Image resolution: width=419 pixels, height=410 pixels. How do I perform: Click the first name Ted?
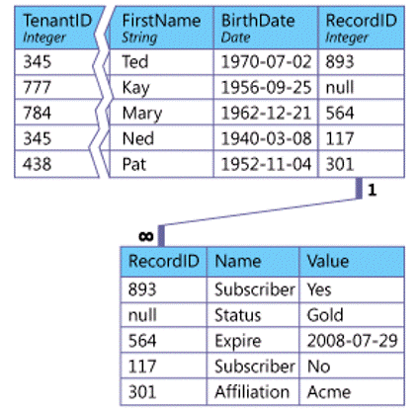point(135,61)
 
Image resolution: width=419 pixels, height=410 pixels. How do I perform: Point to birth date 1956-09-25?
point(266,88)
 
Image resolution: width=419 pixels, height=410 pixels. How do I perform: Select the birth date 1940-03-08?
point(266,138)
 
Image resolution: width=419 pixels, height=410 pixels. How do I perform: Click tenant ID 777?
point(37,88)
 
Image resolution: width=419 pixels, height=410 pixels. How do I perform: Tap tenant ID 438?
point(37,164)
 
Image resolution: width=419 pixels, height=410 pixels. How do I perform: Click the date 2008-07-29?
point(353,341)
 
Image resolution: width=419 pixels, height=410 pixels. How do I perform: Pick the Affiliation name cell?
point(252,392)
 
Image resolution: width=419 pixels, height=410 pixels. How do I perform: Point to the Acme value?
point(329,392)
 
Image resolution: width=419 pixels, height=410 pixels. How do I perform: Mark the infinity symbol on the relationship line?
point(146,236)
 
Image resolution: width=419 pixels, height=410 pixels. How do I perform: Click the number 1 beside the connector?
point(372,190)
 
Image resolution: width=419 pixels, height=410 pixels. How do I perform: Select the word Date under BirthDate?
point(235,38)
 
